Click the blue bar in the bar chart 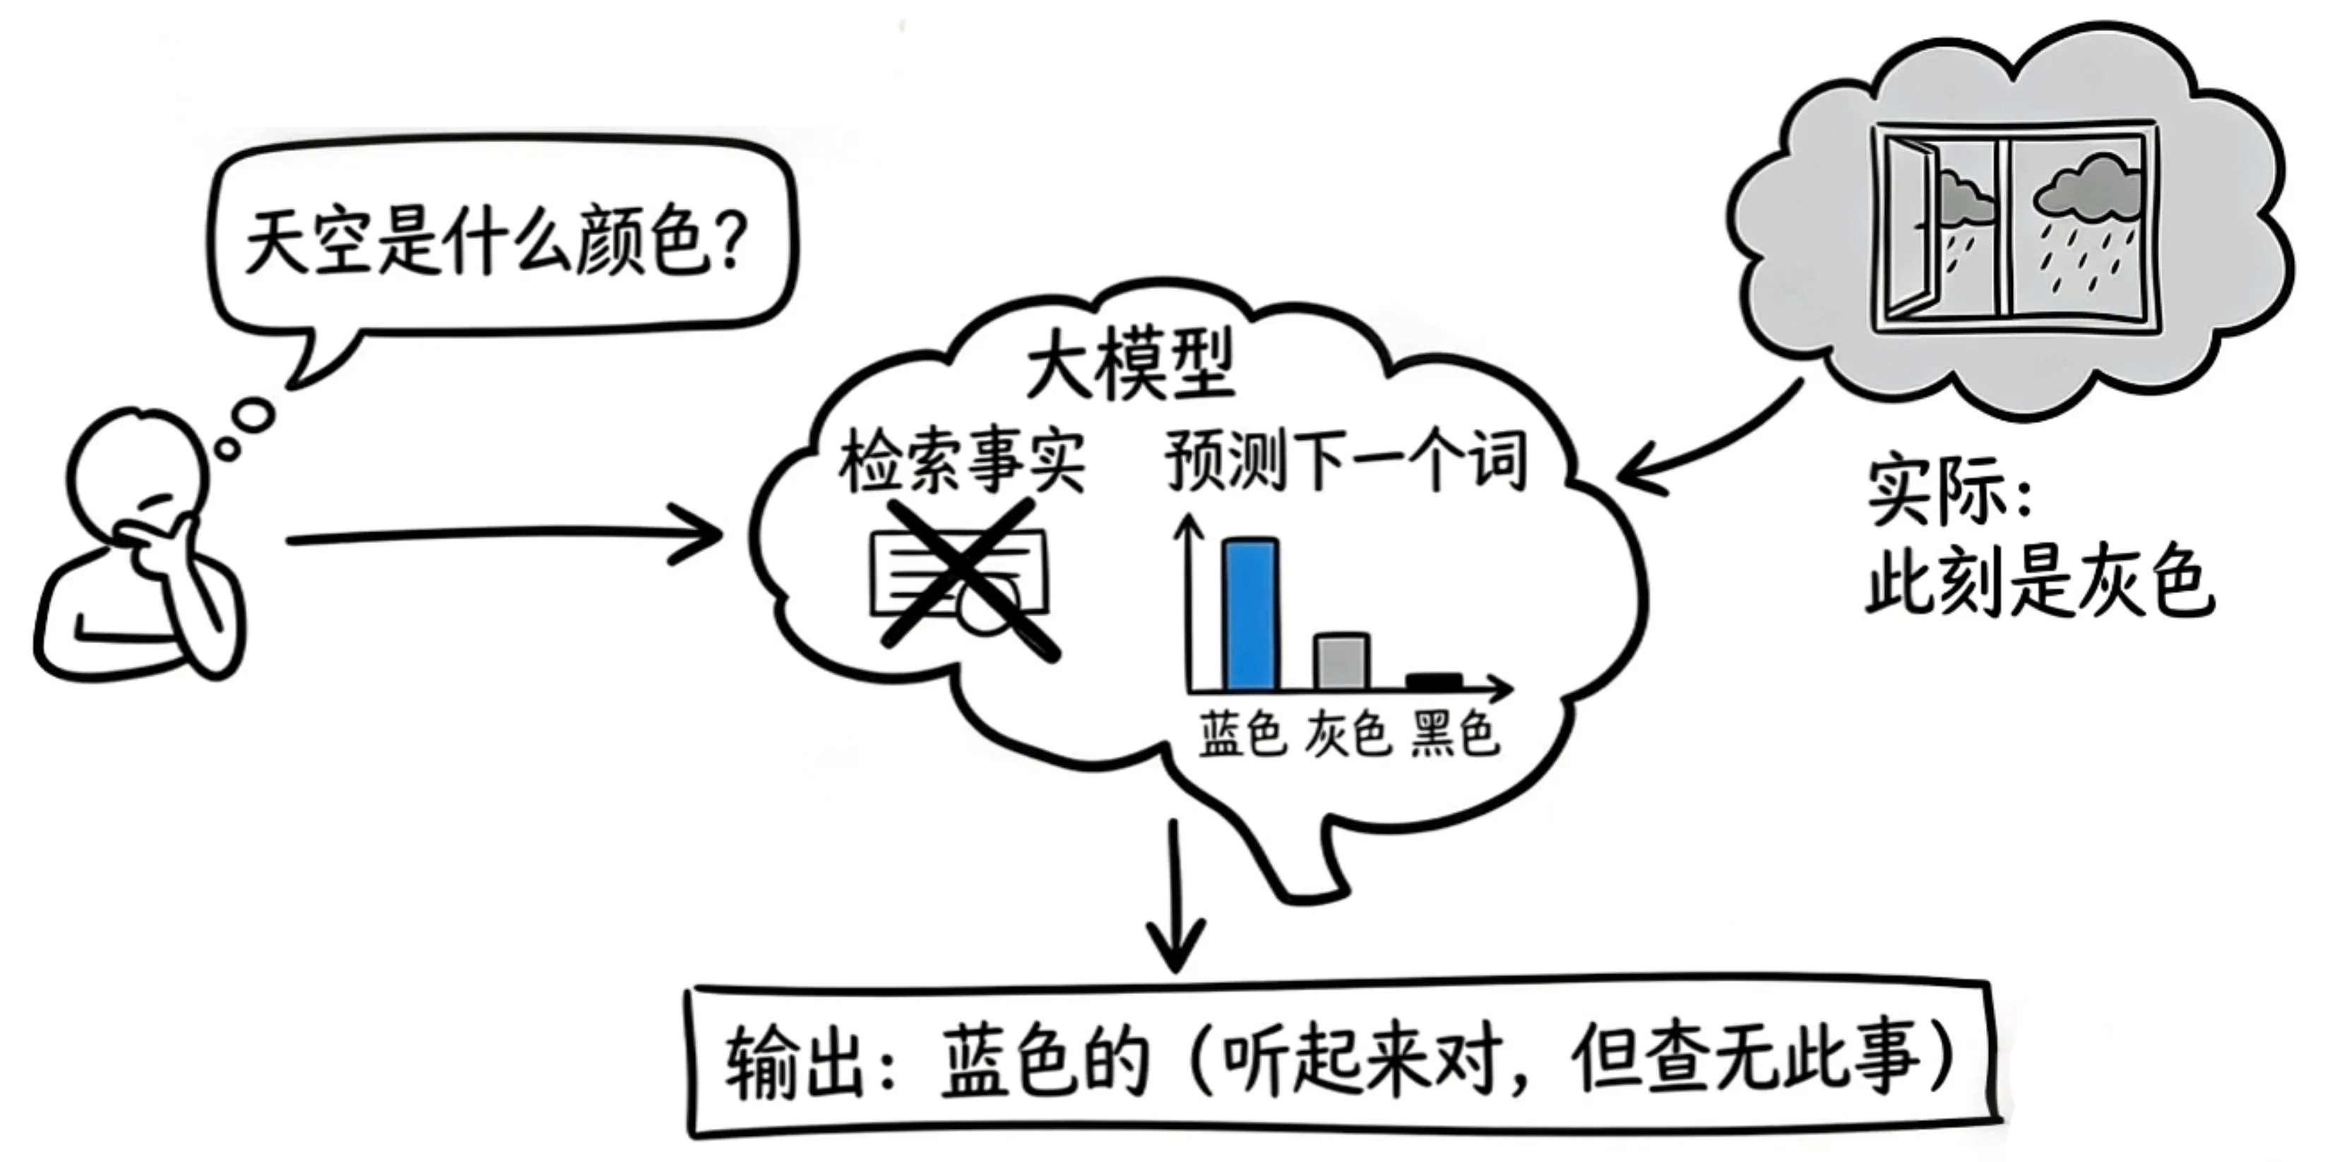tap(1250, 613)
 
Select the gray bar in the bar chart tap(1341, 661)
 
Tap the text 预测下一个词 tap(1346, 461)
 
